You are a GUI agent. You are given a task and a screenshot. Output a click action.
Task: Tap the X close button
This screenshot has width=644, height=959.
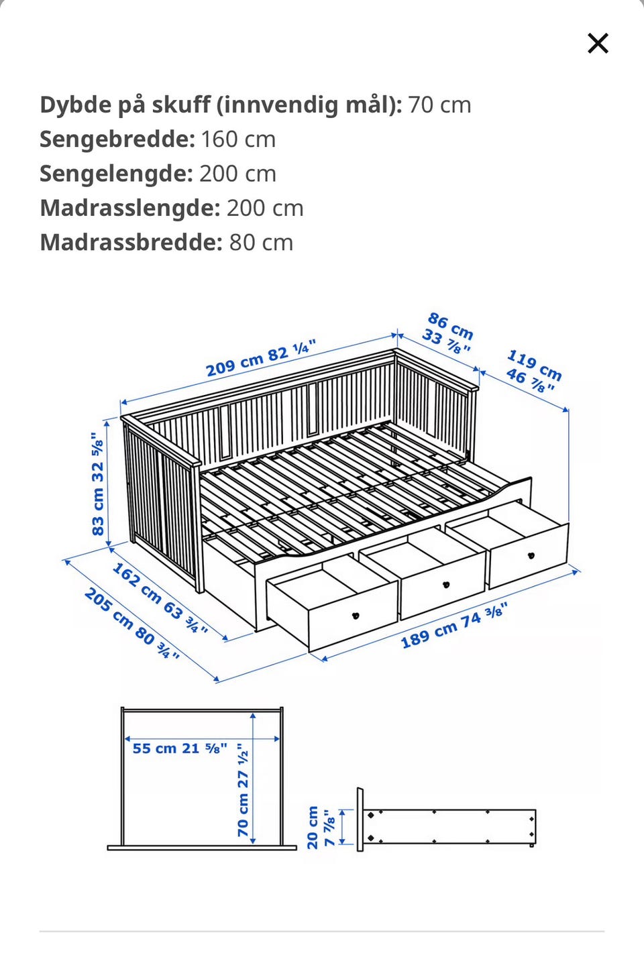(x=598, y=44)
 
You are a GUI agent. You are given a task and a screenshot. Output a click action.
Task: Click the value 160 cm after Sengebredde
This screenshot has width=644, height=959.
(x=238, y=139)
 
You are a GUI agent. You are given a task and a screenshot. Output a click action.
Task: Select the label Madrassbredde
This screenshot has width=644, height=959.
(x=131, y=242)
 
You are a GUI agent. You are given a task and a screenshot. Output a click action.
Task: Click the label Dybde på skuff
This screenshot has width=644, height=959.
(x=221, y=105)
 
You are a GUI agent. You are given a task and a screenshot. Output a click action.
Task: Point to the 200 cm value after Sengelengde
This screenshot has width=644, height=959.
(x=237, y=174)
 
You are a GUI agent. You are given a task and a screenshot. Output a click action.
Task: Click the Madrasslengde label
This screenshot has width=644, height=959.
(x=129, y=208)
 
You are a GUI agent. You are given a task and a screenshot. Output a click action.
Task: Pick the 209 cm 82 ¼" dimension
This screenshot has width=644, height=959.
(x=260, y=358)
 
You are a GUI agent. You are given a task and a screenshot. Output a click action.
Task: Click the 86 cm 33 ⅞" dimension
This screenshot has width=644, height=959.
(x=448, y=333)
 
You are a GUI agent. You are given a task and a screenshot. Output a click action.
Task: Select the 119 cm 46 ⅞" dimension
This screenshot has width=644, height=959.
(x=533, y=371)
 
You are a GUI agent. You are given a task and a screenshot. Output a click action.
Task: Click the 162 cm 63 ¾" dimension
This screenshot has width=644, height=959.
(x=160, y=599)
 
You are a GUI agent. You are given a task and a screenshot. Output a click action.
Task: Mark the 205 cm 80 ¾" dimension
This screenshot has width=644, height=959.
(x=131, y=623)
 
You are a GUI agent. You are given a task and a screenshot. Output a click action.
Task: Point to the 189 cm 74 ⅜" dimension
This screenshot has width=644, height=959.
(x=453, y=625)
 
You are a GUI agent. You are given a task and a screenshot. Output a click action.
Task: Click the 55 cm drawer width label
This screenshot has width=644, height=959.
(x=179, y=748)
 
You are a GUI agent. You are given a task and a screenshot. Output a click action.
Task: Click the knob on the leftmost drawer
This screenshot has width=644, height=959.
(x=356, y=615)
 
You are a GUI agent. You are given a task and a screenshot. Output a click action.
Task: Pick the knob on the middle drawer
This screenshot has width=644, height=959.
(x=446, y=584)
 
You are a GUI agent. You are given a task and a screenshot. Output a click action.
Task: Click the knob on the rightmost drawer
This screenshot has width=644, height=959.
(x=531, y=555)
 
